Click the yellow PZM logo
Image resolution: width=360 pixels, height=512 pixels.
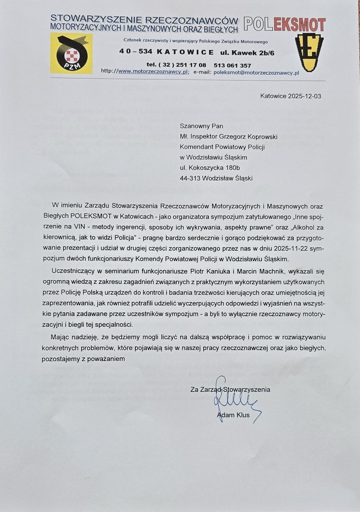71,53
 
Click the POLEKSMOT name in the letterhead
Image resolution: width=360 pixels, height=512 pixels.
284,25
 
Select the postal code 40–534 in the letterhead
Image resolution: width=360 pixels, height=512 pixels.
133,52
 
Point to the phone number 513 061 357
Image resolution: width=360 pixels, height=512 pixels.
232,65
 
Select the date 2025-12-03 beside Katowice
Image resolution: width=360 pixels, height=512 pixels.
304,96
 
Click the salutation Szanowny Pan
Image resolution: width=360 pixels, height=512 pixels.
202,126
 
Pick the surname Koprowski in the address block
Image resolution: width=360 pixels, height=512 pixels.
260,137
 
